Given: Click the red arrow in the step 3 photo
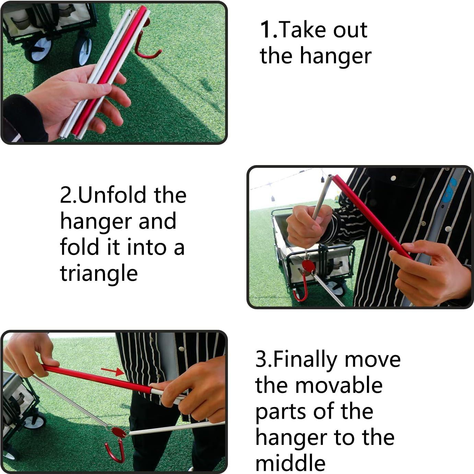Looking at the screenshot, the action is click(x=113, y=372).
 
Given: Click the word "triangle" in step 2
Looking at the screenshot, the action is click(x=99, y=274).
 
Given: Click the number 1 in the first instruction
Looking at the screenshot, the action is click(x=266, y=30).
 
